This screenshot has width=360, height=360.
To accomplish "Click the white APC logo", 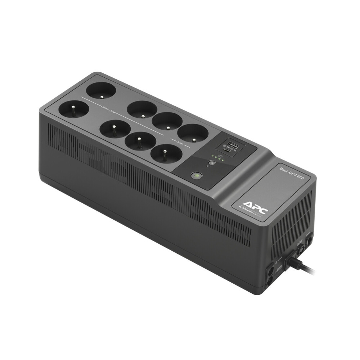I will click(x=255, y=201).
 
